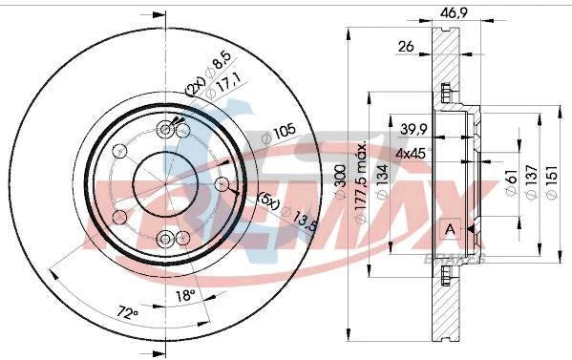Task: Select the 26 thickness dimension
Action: tap(406, 45)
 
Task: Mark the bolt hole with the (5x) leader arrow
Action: tap(221, 182)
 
